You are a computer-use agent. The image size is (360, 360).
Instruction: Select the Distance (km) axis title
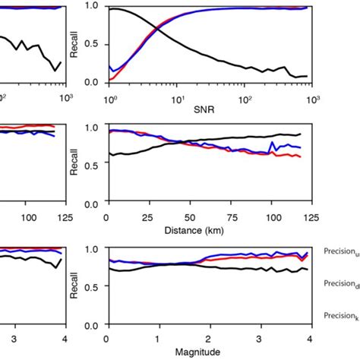pyautogui.click(x=210, y=229)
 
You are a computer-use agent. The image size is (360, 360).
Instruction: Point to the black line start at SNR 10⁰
pyautogui.click(x=111, y=9)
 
